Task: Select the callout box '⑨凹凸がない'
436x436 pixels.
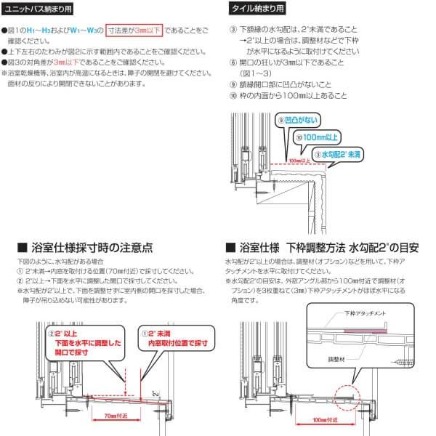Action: coord(296,119)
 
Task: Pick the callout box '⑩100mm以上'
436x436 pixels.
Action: coord(318,136)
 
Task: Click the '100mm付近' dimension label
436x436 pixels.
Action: coord(317,420)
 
